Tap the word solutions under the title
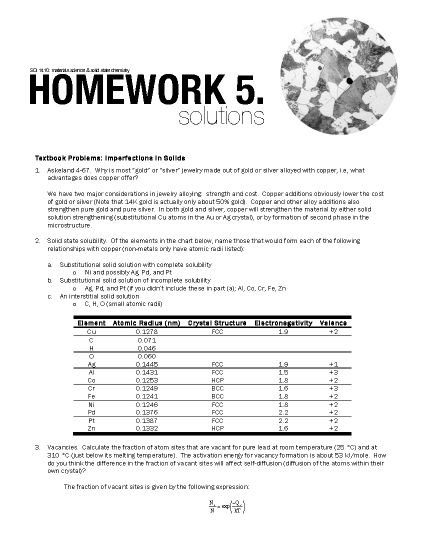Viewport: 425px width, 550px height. (x=221, y=117)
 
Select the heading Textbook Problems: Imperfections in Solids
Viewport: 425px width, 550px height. (x=110, y=158)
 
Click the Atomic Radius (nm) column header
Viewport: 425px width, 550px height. (x=146, y=323)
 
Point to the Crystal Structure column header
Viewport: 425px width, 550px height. (x=217, y=323)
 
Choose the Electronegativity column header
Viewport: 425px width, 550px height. (x=283, y=323)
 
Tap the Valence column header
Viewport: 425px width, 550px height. (x=333, y=323)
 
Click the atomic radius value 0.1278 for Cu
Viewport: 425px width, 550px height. (x=147, y=332)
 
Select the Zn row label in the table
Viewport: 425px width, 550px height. (x=91, y=429)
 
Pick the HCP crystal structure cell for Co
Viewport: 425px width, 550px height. (x=217, y=380)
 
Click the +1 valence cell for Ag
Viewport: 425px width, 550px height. (x=333, y=364)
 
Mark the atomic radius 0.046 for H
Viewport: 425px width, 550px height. (x=147, y=348)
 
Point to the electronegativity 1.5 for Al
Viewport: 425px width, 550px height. (x=283, y=372)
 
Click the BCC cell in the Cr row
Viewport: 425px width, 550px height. (x=217, y=389)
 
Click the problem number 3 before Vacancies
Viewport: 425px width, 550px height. (x=38, y=448)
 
